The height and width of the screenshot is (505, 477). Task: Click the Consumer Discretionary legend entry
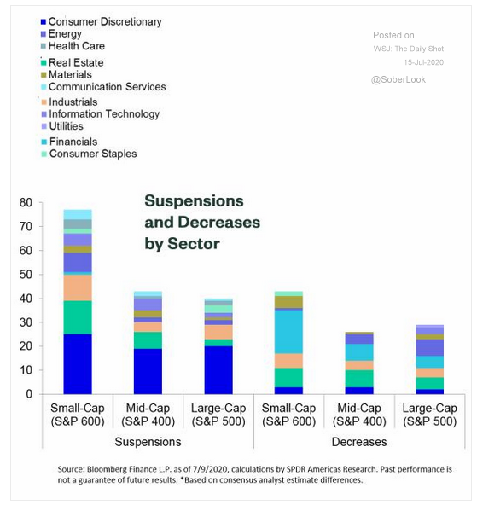(x=102, y=21)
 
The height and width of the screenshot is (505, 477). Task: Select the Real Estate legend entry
(x=73, y=62)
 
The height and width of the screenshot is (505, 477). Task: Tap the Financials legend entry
(x=70, y=142)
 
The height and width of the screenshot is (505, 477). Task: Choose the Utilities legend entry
(x=62, y=126)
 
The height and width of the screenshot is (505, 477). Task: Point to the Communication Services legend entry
(x=104, y=87)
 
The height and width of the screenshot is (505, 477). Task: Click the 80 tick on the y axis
(x=26, y=202)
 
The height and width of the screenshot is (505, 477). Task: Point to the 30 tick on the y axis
(x=26, y=322)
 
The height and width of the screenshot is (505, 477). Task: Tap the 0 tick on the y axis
(x=29, y=394)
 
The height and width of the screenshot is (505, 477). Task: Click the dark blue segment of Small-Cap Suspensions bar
(x=78, y=364)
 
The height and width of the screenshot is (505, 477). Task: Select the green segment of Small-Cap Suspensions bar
(x=78, y=317)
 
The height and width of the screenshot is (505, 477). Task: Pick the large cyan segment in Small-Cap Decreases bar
(x=289, y=332)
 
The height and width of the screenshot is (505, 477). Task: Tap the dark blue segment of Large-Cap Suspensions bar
(x=218, y=370)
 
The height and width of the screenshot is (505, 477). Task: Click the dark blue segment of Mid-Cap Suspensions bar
(x=148, y=371)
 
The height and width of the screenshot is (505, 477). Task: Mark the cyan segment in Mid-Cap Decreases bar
(x=359, y=352)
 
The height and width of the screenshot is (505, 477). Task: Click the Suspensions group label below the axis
(x=148, y=442)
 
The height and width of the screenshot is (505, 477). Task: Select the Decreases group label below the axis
(x=359, y=442)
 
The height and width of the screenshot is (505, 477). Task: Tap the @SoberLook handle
(x=398, y=79)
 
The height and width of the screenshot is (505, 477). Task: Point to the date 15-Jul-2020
(x=423, y=62)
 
